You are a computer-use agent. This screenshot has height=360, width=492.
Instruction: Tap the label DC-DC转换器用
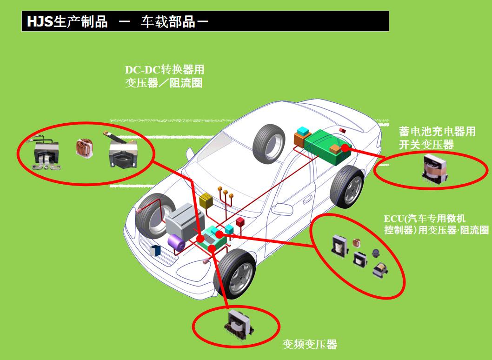pos(164,70)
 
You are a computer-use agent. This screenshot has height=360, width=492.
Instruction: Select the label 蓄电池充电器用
pos(437,132)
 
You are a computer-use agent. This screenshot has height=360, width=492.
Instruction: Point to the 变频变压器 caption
pos(309,345)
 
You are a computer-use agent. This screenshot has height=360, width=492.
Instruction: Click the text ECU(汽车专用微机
pos(425,219)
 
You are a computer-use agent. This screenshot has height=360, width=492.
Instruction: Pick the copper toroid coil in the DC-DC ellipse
pos(85,147)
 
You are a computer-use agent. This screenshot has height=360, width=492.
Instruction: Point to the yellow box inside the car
pos(206,201)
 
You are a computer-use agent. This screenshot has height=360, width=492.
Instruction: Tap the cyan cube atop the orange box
pos(303,131)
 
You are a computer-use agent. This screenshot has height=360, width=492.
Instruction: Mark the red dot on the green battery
pos(345,148)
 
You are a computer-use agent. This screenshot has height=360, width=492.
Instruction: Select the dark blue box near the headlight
pos(155,251)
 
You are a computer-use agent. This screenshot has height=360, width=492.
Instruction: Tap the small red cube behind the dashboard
pos(240,222)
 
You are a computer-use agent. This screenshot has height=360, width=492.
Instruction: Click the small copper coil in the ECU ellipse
pos(357,242)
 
